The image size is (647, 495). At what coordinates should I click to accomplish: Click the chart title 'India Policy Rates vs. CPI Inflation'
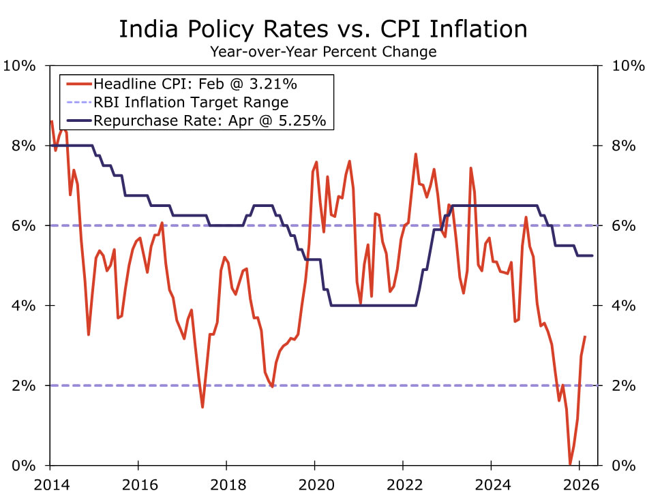pyautogui.click(x=323, y=29)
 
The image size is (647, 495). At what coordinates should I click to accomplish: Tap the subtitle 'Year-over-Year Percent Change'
pyautogui.click(x=323, y=51)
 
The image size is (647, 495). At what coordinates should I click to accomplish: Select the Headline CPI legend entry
pyautogui.click(x=195, y=84)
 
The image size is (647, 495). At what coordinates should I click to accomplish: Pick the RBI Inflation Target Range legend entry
pyautogui.click(x=191, y=103)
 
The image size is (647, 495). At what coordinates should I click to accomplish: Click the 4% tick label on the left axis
pyautogui.click(x=23, y=306)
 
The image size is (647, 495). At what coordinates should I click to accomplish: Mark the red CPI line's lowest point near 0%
pyautogui.click(x=570, y=464)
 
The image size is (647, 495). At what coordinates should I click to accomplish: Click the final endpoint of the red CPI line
pyautogui.click(x=585, y=336)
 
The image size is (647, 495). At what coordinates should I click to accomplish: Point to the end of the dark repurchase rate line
pyautogui.click(x=592, y=255)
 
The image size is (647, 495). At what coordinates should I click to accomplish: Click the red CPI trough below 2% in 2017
pyautogui.click(x=202, y=406)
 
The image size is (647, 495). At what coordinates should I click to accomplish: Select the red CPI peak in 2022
pyautogui.click(x=415, y=155)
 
